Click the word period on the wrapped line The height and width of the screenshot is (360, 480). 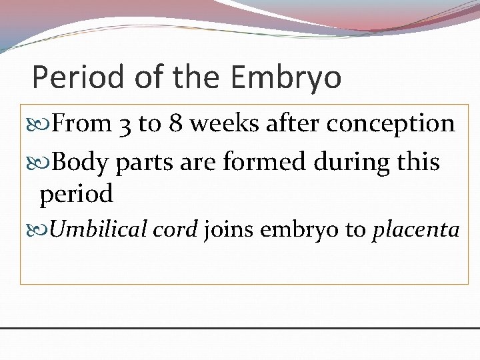[76, 195]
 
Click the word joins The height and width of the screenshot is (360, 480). [229, 230]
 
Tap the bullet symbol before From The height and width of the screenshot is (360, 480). [45, 125]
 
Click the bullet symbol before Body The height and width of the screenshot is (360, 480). [45, 161]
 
